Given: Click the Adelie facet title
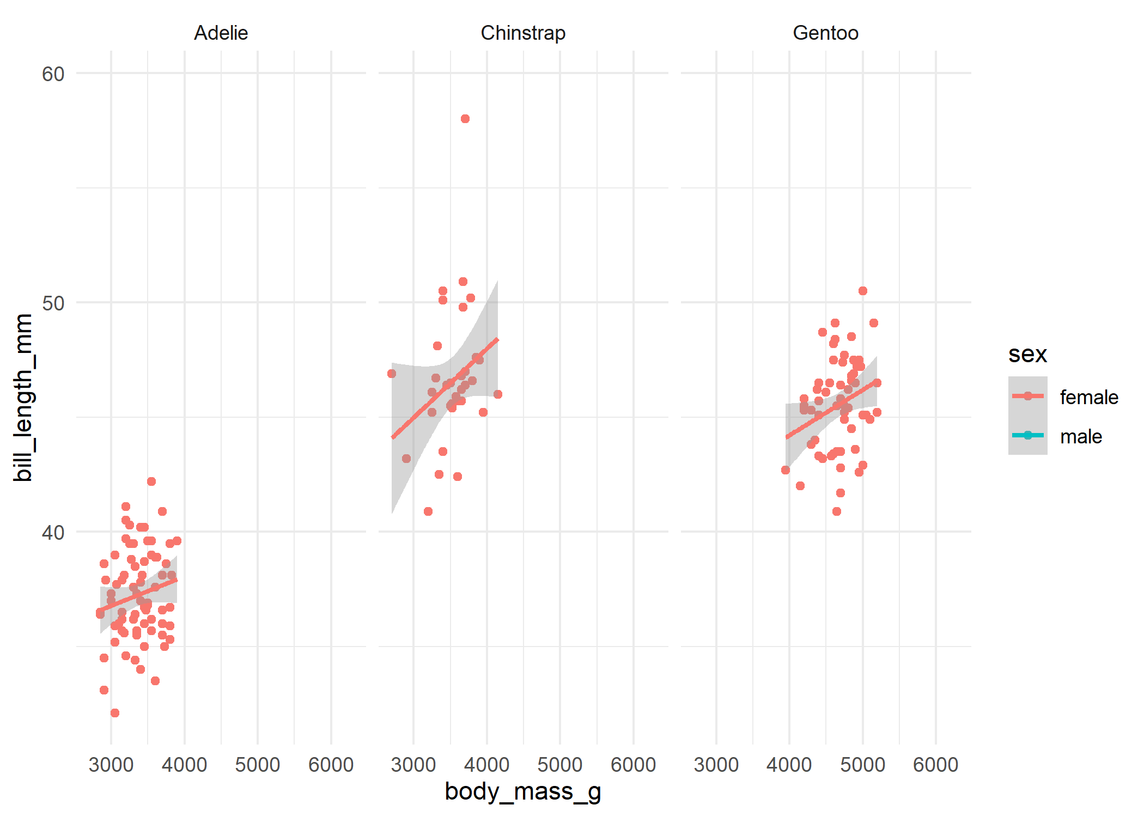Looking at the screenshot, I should (x=221, y=33).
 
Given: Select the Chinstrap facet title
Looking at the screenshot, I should (x=523, y=33).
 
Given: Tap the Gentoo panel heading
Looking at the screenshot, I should (x=825, y=33).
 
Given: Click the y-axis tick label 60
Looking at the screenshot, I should (x=53, y=74).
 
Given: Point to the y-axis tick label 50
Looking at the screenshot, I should (x=53, y=303).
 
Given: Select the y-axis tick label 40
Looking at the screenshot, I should (x=53, y=533).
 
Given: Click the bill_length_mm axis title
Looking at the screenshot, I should (x=23, y=398).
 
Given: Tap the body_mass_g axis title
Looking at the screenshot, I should (x=523, y=791).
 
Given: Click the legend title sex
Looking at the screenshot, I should (x=1027, y=355).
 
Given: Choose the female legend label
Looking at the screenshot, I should (x=1088, y=398).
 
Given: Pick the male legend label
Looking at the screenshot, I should (x=1081, y=437).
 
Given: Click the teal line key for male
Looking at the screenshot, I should (x=1027, y=435).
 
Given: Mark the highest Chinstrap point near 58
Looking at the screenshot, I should (x=465, y=119).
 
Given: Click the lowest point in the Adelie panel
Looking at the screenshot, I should (x=115, y=713).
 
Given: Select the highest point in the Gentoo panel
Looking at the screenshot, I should (x=863, y=291).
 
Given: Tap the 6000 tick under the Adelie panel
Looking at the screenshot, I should (x=331, y=765).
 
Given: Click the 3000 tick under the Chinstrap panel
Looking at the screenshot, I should (x=413, y=765).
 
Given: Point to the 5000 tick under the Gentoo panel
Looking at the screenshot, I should (x=862, y=765).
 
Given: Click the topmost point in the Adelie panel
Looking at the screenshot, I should (x=151, y=481).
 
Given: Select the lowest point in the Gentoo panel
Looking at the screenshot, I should (x=837, y=511).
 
